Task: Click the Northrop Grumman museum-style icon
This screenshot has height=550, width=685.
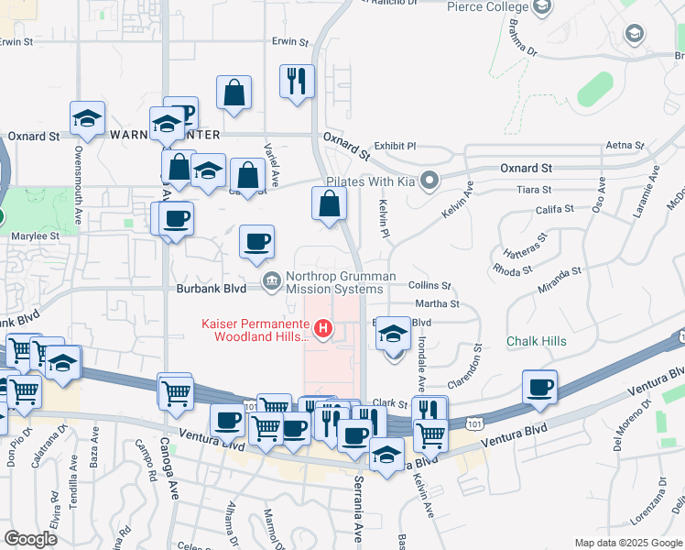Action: [271, 280]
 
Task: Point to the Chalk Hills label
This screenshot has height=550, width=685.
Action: [537, 341]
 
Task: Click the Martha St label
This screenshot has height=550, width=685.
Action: [436, 303]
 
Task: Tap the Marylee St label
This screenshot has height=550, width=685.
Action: [35, 236]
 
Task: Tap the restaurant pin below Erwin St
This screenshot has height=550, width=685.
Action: [297, 82]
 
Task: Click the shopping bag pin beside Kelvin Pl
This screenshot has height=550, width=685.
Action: [329, 204]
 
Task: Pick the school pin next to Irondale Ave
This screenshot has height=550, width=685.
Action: [394, 335]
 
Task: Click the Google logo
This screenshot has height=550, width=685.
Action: [31, 539]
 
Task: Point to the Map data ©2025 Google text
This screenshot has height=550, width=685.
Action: [628, 543]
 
